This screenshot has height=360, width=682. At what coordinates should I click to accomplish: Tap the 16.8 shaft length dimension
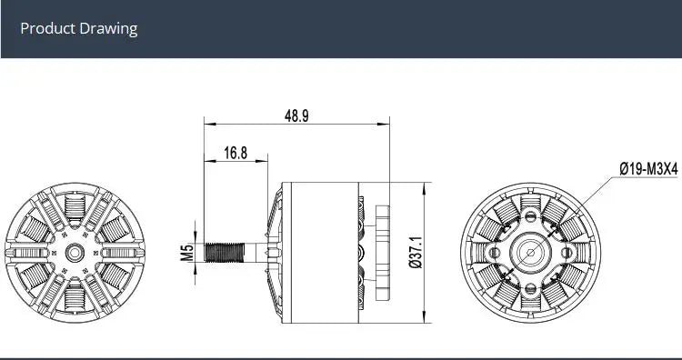coord(236,153)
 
